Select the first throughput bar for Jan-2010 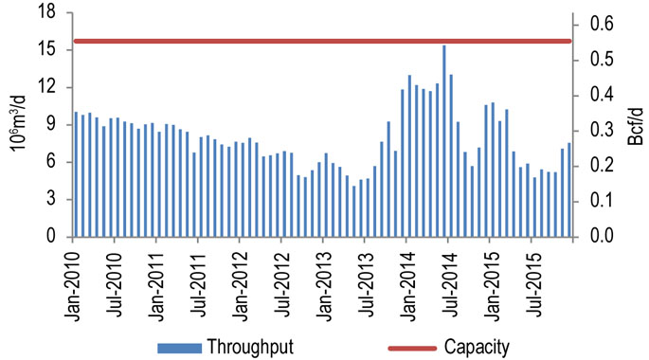point(76,175)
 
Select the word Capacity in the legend point(474,346)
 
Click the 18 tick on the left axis point(53,12)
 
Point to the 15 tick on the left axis point(53,49)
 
